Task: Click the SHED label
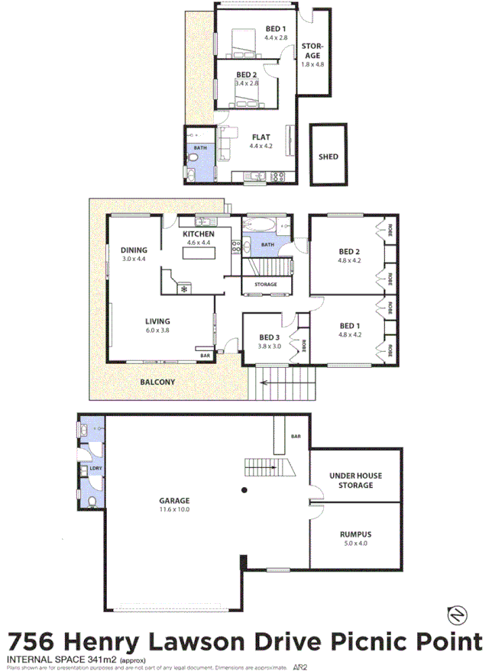328,156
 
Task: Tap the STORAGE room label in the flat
313,50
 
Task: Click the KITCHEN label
198,234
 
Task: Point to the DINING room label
134,250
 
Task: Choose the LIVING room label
158,321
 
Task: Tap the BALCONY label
157,382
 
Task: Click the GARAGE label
173,502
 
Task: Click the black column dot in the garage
244,489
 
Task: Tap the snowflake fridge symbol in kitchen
183,289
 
